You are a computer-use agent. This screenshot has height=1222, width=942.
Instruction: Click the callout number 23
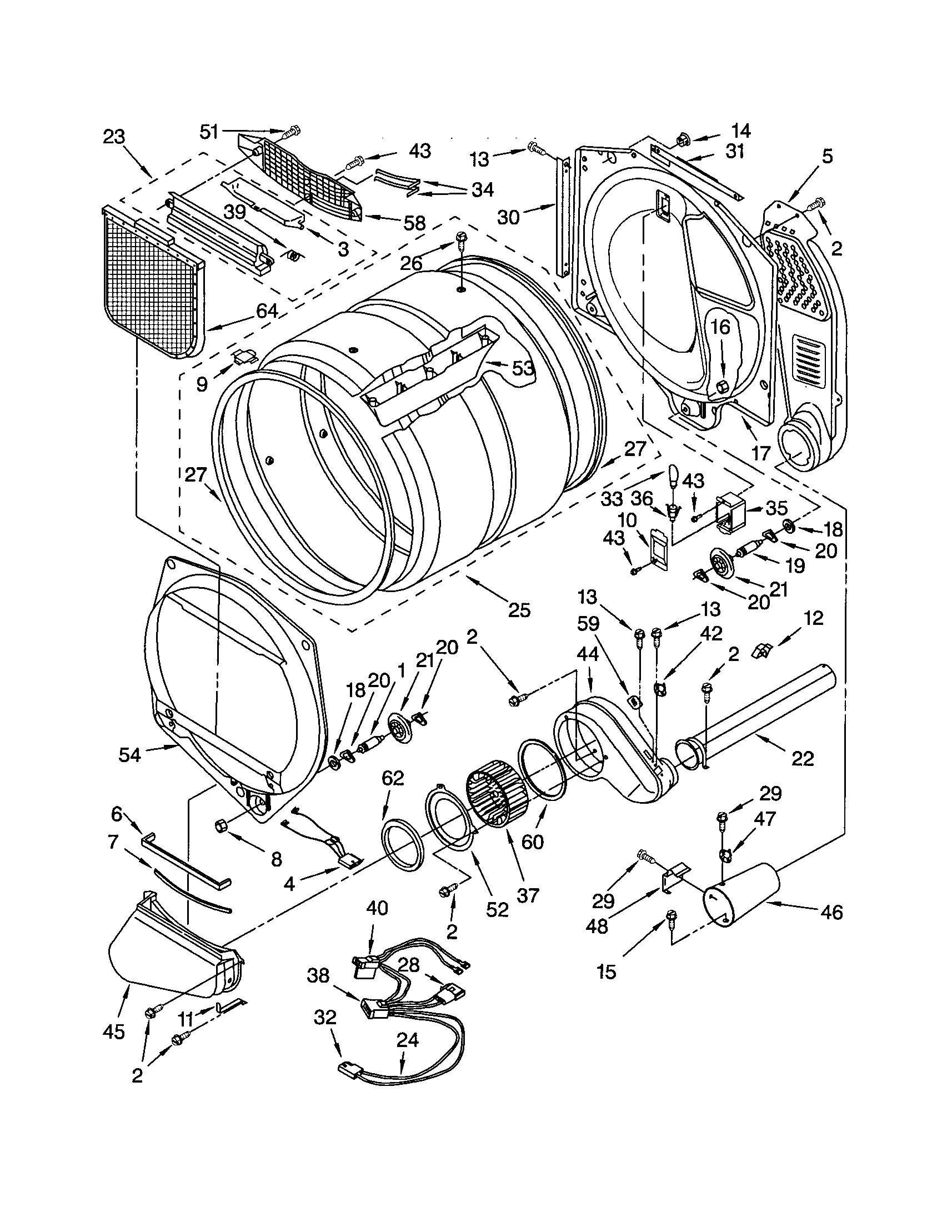pos(113,137)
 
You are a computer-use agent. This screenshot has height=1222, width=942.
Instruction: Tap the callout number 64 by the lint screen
pos(267,310)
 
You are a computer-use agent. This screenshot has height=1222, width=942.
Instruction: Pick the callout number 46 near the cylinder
pos(832,912)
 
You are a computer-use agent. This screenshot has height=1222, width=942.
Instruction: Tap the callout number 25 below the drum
pos(519,609)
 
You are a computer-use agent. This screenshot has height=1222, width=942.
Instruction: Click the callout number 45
pos(113,1031)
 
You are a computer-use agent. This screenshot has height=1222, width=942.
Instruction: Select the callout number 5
pos(827,156)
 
